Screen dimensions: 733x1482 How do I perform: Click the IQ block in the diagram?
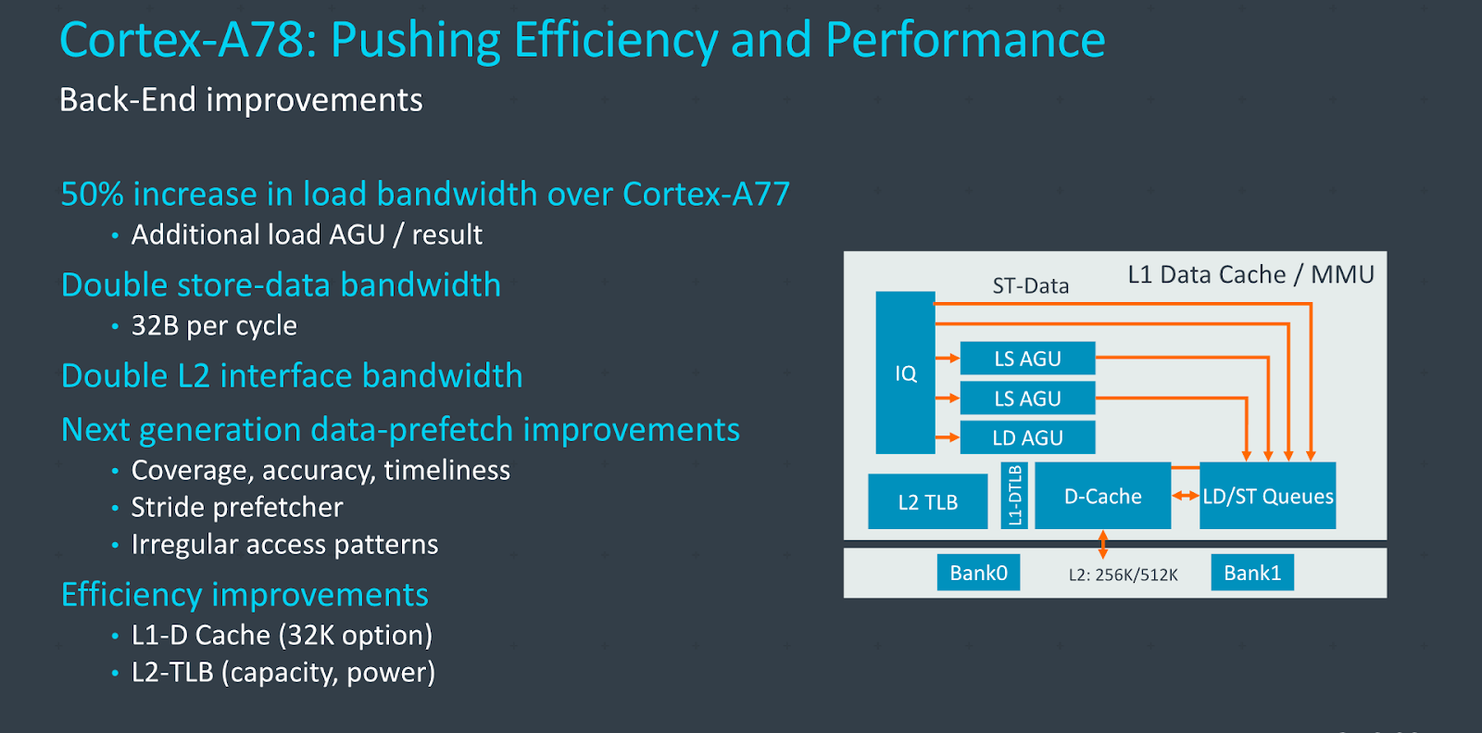(905, 373)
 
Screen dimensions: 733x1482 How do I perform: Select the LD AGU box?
(1027, 437)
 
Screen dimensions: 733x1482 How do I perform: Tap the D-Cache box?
(1102, 497)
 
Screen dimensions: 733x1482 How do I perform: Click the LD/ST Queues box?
(1267, 497)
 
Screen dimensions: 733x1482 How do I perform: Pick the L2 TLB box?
(927, 502)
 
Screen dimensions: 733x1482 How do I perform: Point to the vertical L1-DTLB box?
(1015, 496)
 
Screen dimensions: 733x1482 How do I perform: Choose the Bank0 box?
(978, 573)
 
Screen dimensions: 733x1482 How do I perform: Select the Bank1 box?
(1252, 573)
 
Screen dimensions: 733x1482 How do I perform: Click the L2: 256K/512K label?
(1123, 575)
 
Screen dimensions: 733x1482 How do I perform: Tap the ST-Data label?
(1030, 286)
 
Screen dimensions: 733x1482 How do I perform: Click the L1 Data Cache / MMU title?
(1250, 274)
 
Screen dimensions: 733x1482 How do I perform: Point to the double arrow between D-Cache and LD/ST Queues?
(1186, 496)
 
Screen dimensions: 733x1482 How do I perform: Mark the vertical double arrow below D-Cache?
(1102, 543)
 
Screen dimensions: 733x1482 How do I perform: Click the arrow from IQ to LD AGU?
(948, 437)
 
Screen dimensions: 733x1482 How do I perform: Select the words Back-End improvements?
(241, 100)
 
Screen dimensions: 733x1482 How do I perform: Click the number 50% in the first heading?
(92, 194)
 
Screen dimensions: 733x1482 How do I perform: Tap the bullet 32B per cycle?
(214, 326)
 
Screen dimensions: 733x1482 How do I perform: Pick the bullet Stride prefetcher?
(237, 508)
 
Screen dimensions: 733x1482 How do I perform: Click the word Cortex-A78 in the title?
(182, 41)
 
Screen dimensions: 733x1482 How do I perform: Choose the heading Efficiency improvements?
(245, 595)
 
